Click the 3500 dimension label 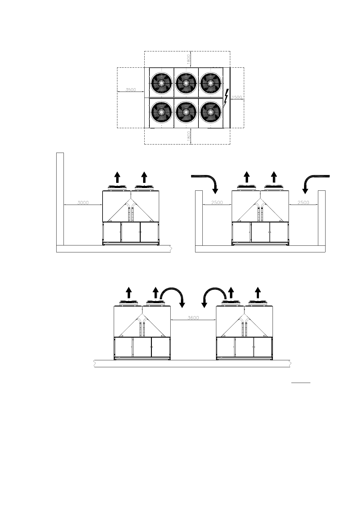131,90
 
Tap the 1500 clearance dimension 237,97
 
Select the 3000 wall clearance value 83,203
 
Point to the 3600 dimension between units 193,318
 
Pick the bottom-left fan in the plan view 162,112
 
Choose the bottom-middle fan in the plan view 186,112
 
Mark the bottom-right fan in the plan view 211,112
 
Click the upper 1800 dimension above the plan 189,59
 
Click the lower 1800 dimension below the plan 189,136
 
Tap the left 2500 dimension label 217,203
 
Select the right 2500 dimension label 303,203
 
